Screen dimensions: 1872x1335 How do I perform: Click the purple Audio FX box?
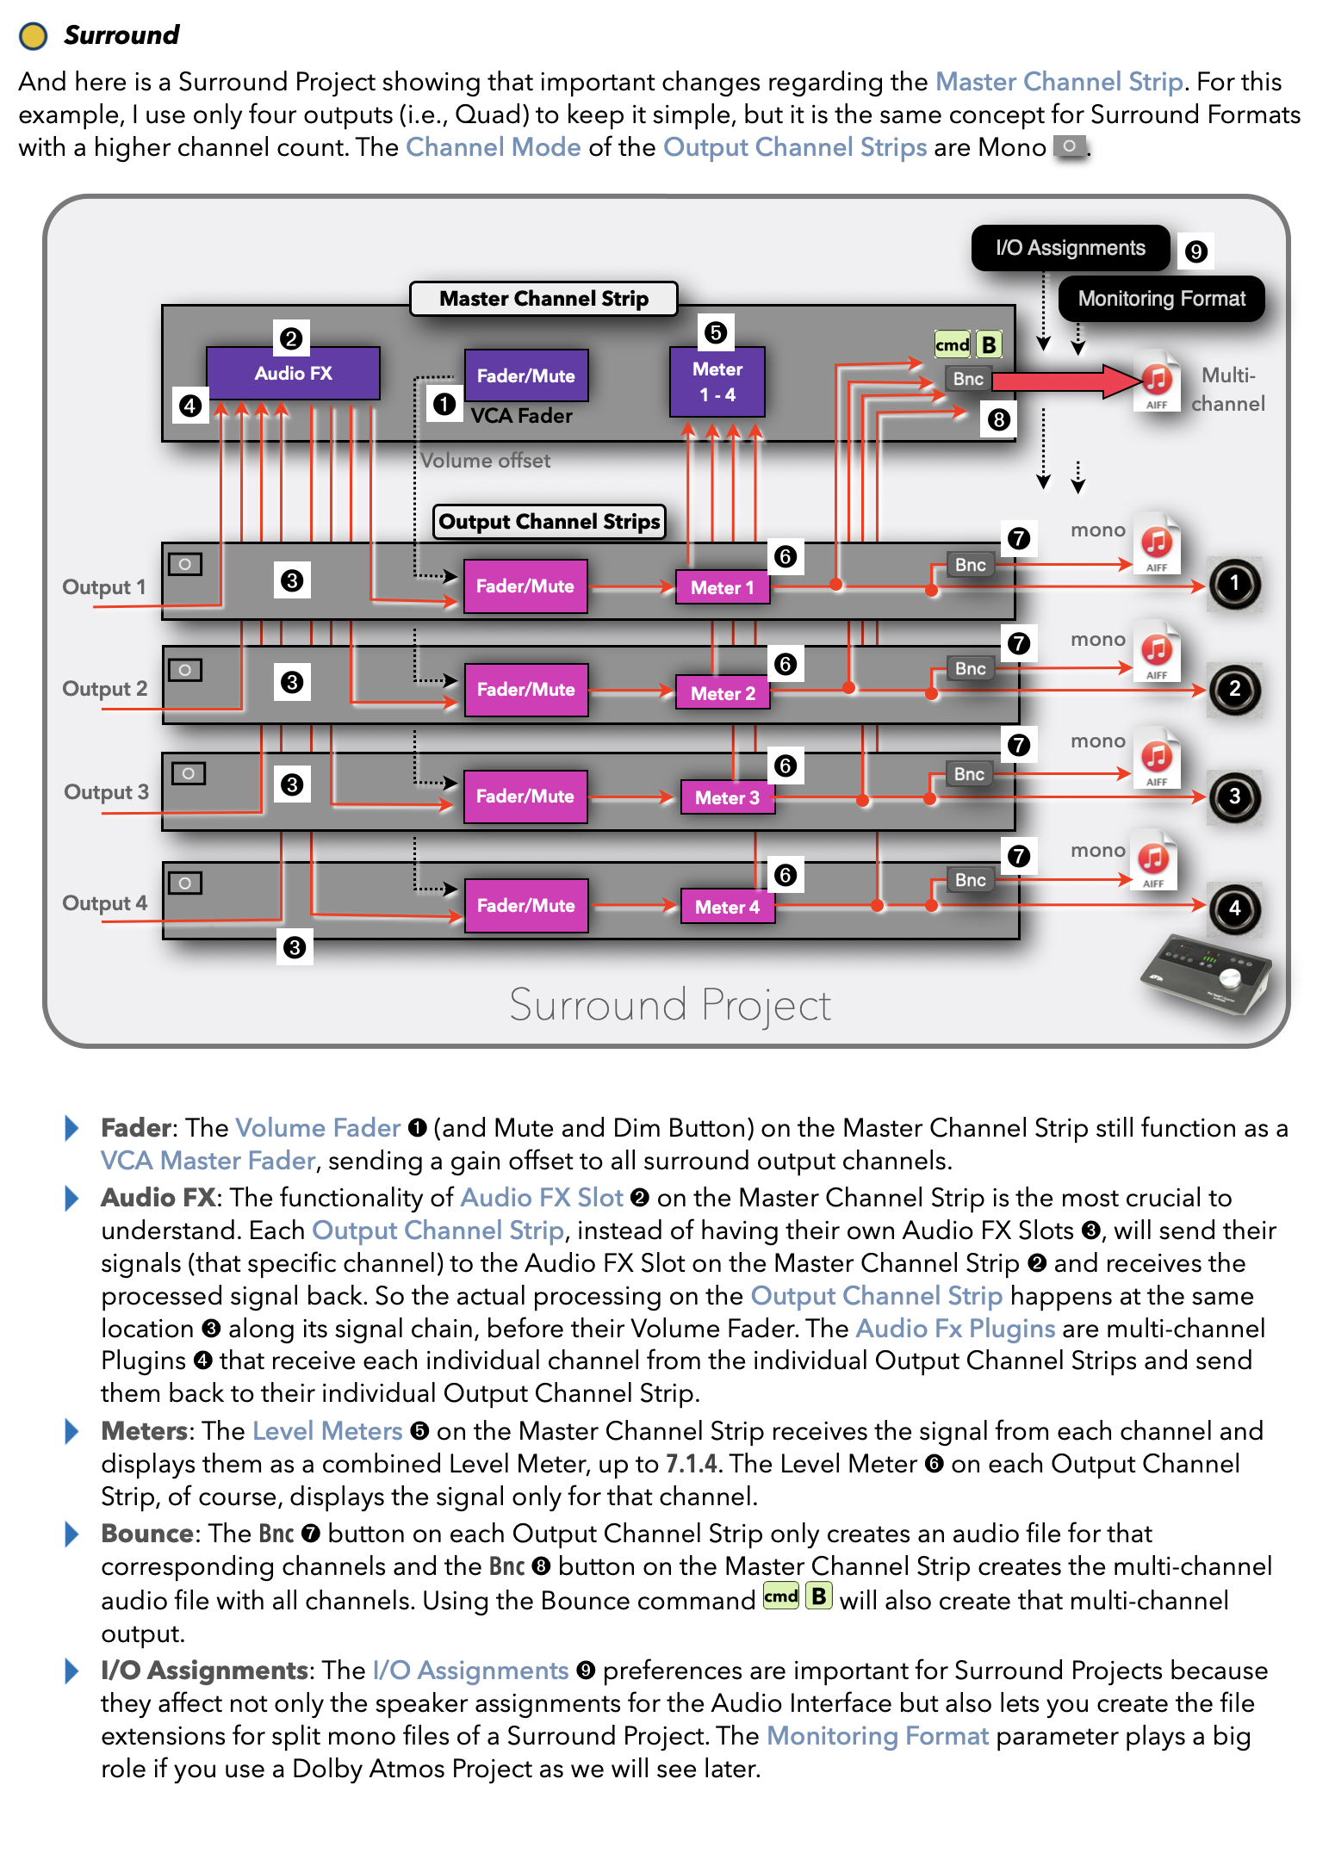pyautogui.click(x=293, y=373)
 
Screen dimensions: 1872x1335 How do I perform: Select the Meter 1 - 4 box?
pyautogui.click(x=717, y=381)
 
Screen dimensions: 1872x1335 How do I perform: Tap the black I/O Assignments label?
pyautogui.click(x=1070, y=248)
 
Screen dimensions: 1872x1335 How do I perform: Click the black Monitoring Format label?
pyautogui.click(x=1161, y=299)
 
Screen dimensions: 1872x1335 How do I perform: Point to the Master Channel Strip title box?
pyautogui.click(x=543, y=299)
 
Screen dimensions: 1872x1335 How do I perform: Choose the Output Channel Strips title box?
pyautogui.click(x=549, y=522)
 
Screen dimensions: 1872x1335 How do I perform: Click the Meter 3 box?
pyautogui.click(x=727, y=797)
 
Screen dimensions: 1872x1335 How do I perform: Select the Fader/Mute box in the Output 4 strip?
pyautogui.click(x=525, y=906)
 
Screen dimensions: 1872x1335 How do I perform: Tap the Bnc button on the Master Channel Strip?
pyautogui.click(x=967, y=379)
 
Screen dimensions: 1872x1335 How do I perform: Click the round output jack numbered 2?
pyautogui.click(x=1234, y=689)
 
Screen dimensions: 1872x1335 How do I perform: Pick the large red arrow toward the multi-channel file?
pyautogui.click(x=1068, y=381)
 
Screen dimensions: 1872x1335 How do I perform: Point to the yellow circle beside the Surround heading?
pyautogui.click(x=34, y=35)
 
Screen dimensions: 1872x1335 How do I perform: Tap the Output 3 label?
pyautogui.click(x=106, y=792)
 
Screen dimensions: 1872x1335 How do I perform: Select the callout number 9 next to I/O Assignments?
pyautogui.click(x=1195, y=251)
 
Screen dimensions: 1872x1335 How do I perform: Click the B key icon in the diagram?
pyautogui.click(x=989, y=344)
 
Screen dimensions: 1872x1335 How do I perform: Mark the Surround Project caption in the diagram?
pyautogui.click(x=669, y=1005)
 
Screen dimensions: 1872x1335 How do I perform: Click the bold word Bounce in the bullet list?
pyautogui.click(x=147, y=1534)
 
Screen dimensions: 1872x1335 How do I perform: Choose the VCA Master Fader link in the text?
pyautogui.click(x=208, y=1161)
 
